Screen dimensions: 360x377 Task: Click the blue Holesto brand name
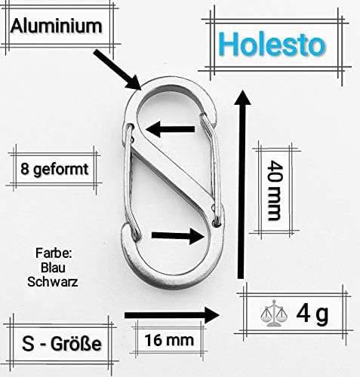click(272, 44)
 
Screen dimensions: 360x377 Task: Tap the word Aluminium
click(57, 26)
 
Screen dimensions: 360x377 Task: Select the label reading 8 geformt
click(54, 170)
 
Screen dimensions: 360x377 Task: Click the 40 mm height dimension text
click(274, 191)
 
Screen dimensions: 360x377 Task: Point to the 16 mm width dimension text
click(169, 340)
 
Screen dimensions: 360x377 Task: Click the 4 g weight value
click(312, 314)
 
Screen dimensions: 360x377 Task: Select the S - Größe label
click(62, 344)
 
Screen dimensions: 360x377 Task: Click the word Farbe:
click(54, 253)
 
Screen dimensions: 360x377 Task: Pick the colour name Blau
click(53, 268)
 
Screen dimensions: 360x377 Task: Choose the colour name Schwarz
click(53, 282)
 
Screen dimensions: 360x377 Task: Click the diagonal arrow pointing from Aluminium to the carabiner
click(117, 69)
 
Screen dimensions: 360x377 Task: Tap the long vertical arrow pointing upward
click(242, 185)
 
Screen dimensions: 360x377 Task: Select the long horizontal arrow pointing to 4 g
click(172, 315)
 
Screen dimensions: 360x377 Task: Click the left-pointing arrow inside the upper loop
click(170, 129)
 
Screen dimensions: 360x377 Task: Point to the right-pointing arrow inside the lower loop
click(177, 235)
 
